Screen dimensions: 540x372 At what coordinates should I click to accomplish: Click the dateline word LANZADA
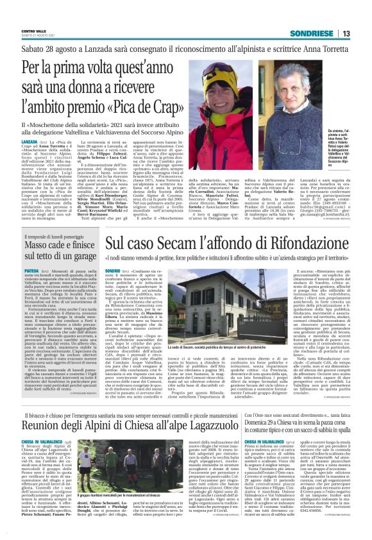pyautogui.click(x=29, y=140)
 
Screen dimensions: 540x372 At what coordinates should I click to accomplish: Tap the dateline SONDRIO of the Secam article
pyautogui.click(x=113, y=272)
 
